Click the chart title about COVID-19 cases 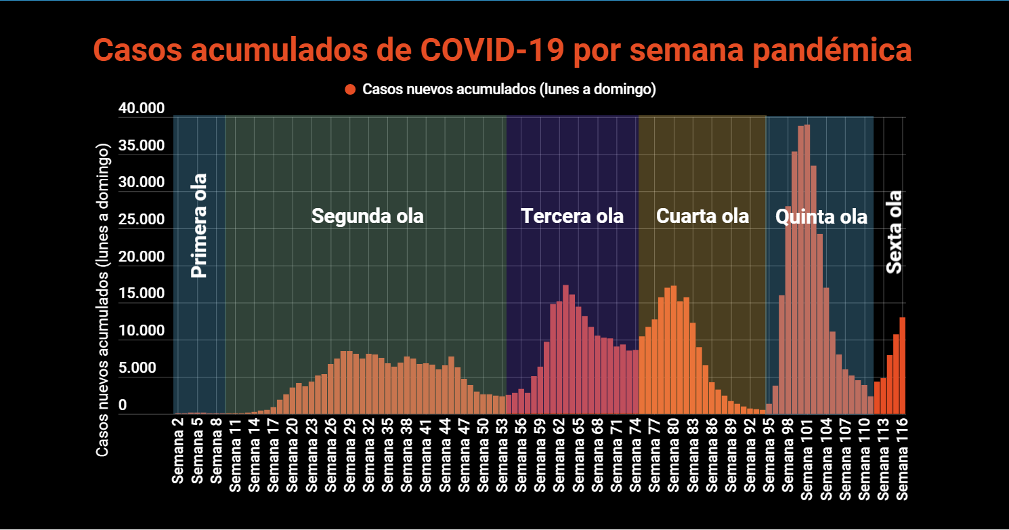tap(502, 51)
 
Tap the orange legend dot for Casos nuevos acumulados tap(350, 89)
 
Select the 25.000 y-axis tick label tap(142, 220)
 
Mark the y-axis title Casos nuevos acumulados tap(102, 299)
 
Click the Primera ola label tap(198, 226)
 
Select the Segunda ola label tap(367, 216)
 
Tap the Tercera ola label tap(572, 216)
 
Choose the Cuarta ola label tap(702, 216)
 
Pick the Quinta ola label tap(821, 217)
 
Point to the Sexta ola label tap(895, 232)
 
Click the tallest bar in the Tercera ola tap(565, 349)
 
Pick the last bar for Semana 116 tap(902, 365)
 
